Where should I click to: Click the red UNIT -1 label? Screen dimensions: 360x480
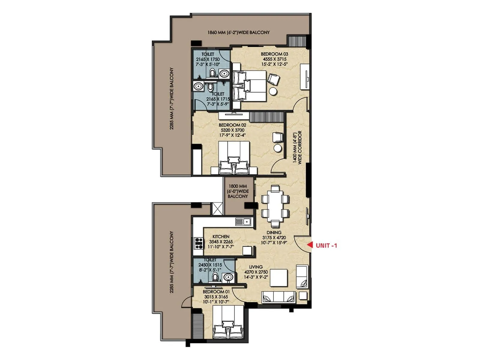pos(326,245)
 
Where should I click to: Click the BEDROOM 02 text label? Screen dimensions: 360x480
pos(232,125)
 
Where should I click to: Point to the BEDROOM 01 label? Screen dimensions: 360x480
pos(216,292)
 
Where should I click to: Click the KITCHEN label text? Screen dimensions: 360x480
pos(221,236)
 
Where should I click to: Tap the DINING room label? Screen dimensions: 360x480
pos(274,232)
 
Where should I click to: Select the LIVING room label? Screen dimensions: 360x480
pos(256,267)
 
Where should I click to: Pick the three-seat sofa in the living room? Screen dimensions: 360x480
pos(278,297)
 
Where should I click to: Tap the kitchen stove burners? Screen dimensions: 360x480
pos(198,243)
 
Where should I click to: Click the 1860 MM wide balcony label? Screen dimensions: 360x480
pos(238,32)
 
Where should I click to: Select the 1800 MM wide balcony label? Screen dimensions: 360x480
pos(238,191)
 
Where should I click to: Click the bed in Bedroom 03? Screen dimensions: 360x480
pos(250,86)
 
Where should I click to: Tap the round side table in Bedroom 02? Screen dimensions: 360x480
pos(278,148)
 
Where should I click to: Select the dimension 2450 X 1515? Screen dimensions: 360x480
pos(210,265)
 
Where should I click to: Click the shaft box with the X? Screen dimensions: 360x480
pos(217,209)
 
